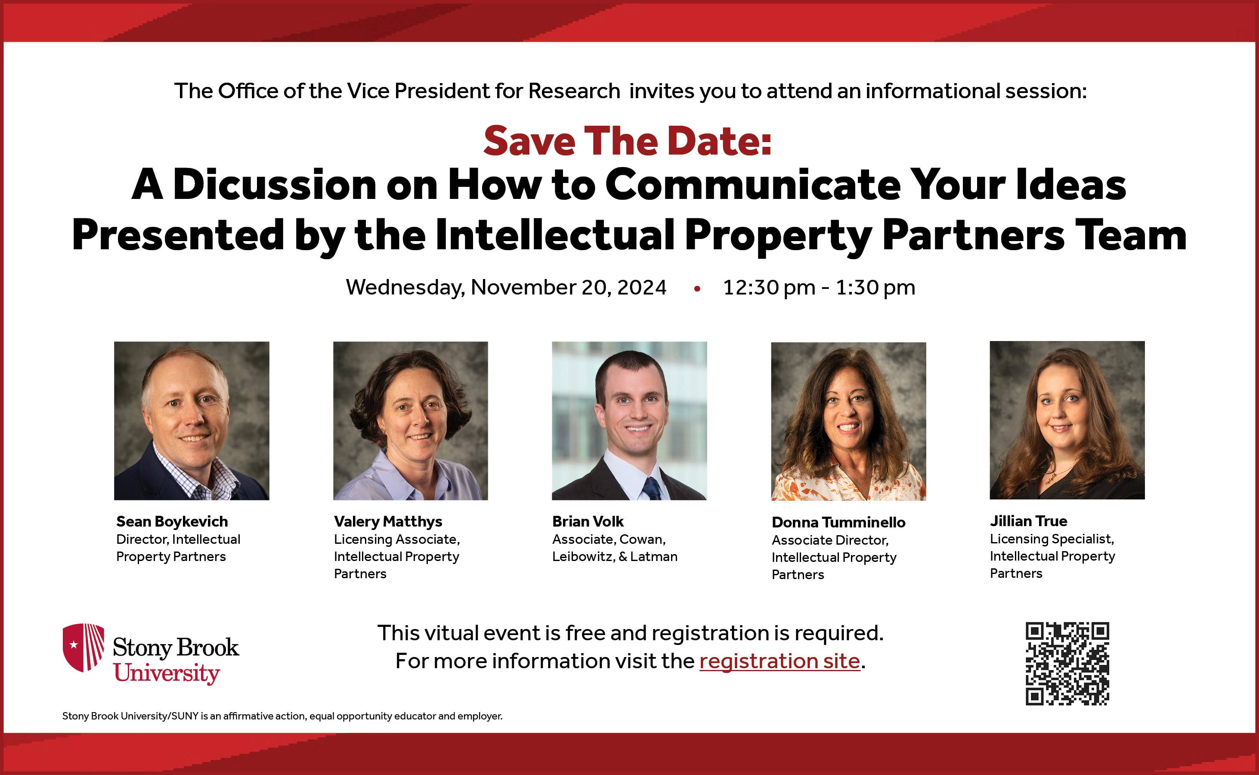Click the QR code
[x=1067, y=664]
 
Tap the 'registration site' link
[x=780, y=662]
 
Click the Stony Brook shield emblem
[x=84, y=648]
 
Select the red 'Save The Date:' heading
[x=627, y=140]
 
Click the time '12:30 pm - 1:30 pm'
[x=819, y=288]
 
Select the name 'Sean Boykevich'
[x=172, y=522]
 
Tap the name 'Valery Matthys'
[x=388, y=522]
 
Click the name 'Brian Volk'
[x=588, y=521]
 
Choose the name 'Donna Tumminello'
[x=838, y=522]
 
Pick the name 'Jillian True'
[x=1028, y=521]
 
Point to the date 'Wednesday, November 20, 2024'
[x=506, y=288]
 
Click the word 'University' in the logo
[x=167, y=673]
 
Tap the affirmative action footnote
[x=282, y=716]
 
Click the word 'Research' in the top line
[x=574, y=91]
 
